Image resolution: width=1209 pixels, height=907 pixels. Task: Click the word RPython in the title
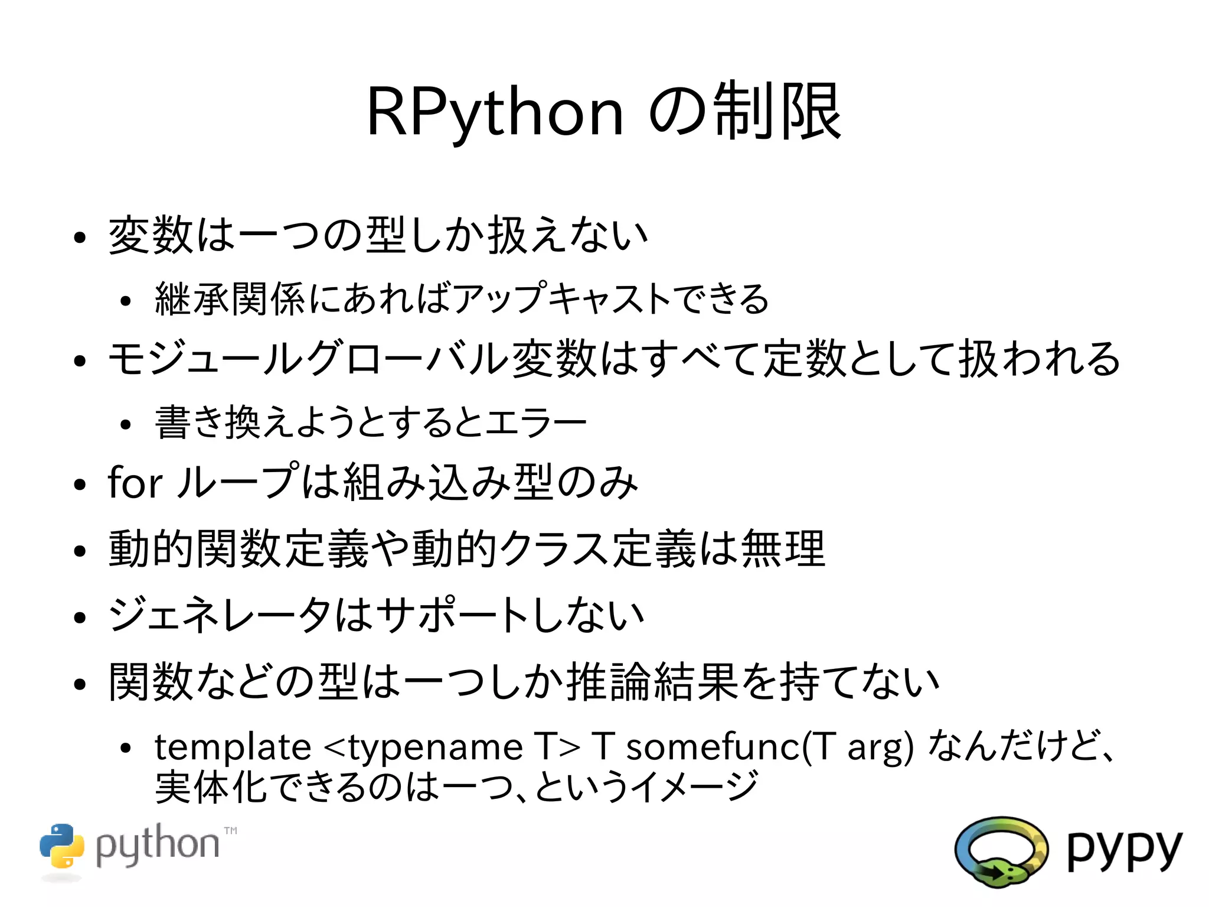(495, 112)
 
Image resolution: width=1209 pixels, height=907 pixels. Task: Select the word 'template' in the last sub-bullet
(233, 746)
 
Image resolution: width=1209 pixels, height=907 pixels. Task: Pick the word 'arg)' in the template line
(880, 747)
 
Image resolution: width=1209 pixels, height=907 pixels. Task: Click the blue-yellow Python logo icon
(62, 846)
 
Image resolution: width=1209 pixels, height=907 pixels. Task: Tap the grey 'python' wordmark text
(157, 845)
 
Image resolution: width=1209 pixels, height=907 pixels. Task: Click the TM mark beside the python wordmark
(230, 831)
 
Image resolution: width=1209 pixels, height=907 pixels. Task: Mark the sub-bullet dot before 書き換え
(125, 424)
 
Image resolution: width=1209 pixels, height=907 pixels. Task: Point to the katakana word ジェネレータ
(220, 615)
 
